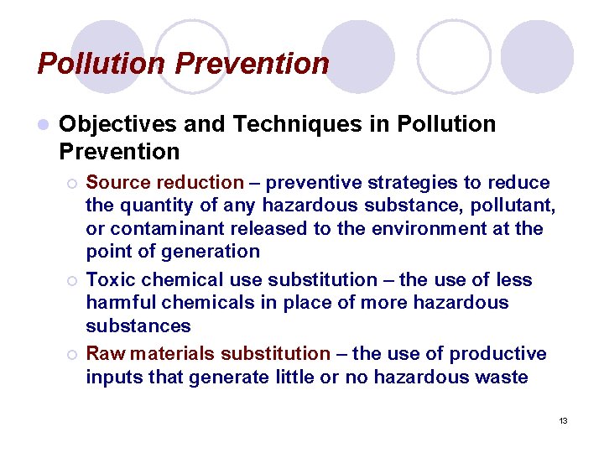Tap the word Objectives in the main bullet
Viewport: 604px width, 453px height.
[117, 125]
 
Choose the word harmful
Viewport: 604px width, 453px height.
[122, 302]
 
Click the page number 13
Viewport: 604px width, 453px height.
[563, 420]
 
